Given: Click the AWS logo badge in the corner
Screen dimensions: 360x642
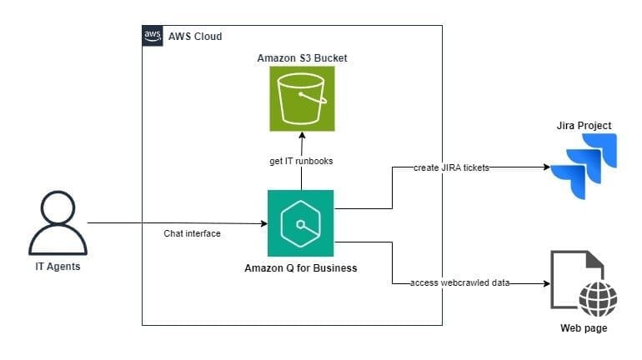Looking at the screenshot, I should pos(152,36).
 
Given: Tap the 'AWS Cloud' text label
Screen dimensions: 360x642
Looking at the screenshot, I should pos(195,37).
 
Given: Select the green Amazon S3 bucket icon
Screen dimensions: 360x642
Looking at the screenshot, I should pos(302,98).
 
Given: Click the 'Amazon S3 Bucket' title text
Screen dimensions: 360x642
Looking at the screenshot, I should pos(302,57).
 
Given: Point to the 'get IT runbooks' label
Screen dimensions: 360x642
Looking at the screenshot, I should pos(301,161).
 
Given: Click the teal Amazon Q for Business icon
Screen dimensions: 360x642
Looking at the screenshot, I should pos(300,222).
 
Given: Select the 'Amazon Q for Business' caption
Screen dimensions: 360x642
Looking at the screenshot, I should pos(301,267).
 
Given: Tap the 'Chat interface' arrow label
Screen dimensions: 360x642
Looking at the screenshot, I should pos(192,234).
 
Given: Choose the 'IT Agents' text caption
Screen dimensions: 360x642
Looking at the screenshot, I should pos(58,267).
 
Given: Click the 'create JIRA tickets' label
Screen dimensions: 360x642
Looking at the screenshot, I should pos(451,167).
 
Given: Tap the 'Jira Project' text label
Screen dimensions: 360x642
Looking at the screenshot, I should pos(584,126).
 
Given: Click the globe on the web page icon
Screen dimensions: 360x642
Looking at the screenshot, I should pos(597,298).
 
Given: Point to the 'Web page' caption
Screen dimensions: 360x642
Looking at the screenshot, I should pos(583,328).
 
